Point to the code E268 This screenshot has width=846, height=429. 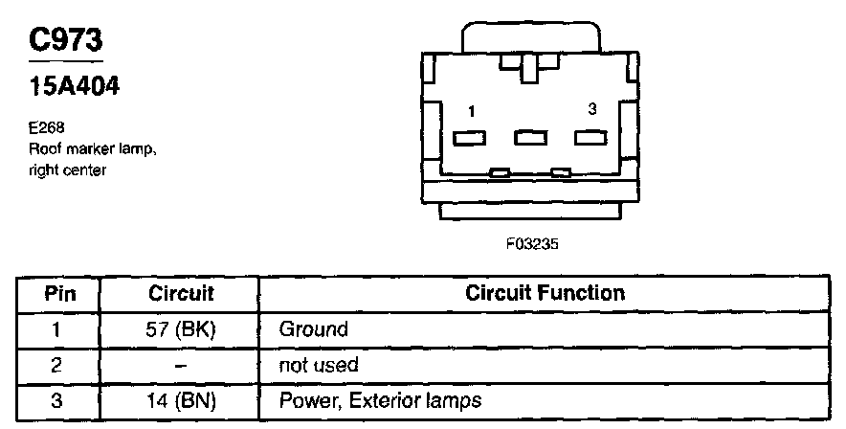click(x=46, y=125)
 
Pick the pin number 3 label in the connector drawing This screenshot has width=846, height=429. click(x=592, y=110)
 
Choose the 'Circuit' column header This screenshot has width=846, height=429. click(x=181, y=292)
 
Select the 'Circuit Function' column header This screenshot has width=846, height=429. click(x=545, y=292)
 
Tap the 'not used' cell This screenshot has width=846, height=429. click(x=318, y=365)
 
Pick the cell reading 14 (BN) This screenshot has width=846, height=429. click(x=181, y=400)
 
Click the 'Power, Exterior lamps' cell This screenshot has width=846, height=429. click(x=379, y=400)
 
